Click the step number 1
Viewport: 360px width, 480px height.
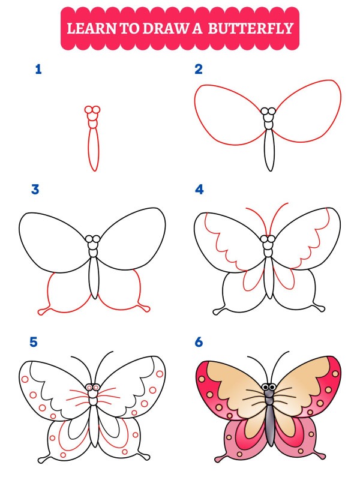[x=38, y=70]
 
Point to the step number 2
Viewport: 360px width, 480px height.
[x=199, y=70]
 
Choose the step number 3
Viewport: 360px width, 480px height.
[x=35, y=190]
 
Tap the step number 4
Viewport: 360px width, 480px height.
[x=199, y=190]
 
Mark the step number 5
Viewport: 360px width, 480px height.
[x=34, y=343]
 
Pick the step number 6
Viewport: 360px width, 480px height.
[x=199, y=343]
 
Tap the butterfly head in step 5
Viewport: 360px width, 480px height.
[x=92, y=388]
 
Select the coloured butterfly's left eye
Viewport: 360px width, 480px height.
[x=265, y=388]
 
